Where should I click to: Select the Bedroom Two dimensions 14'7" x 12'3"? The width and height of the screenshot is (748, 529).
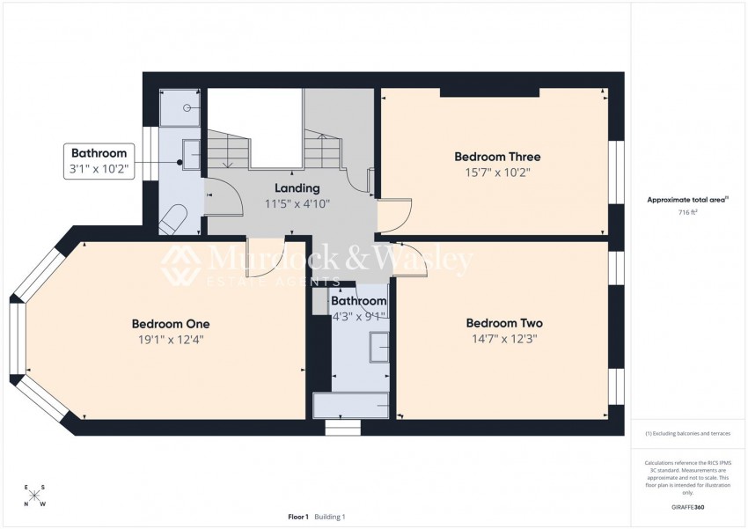click(503, 337)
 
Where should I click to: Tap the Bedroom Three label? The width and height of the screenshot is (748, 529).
click(496, 157)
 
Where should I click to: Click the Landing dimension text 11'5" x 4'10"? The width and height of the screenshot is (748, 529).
click(297, 203)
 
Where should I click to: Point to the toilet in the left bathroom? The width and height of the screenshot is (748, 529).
click(175, 217)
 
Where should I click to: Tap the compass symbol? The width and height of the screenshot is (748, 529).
click(35, 496)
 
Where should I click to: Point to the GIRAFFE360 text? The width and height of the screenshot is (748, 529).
click(687, 508)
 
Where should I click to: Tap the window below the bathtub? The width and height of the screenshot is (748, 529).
click(342, 428)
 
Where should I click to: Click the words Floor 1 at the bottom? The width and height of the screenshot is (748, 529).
click(298, 517)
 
